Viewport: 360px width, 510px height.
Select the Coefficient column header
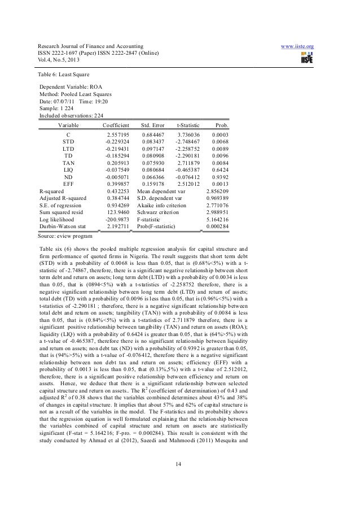pos(116,125)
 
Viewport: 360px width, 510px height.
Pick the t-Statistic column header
pos(188,125)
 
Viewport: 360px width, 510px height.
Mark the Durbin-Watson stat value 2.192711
pos(118,226)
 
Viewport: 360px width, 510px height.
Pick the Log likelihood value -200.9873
pos(117,219)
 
